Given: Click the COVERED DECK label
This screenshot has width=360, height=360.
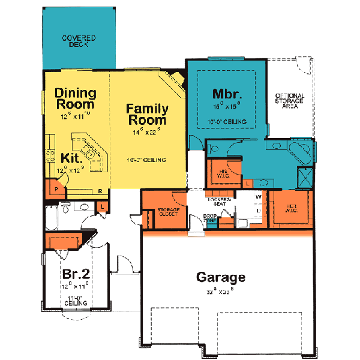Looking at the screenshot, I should tap(79, 41).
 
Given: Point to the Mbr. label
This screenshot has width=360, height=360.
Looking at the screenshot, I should tap(227, 94).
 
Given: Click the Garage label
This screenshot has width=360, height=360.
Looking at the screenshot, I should tap(221, 277).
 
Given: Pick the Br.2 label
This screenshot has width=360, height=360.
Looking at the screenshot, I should tap(76, 274).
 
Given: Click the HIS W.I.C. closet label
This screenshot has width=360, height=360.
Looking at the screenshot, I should tap(224, 173).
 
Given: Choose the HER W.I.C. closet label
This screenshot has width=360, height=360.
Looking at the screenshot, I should tap(290, 207).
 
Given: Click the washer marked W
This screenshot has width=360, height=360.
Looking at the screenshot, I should tap(259, 197).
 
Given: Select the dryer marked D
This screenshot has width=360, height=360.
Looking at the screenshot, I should tap(259, 211).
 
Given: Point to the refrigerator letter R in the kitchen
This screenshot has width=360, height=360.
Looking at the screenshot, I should tap(100, 191).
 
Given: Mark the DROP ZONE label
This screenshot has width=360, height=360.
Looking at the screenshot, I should tap(210, 218).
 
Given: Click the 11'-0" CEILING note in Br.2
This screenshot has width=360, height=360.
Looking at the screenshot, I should tap(76, 301).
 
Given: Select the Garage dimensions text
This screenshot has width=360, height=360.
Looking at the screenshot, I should tap(221, 293).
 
